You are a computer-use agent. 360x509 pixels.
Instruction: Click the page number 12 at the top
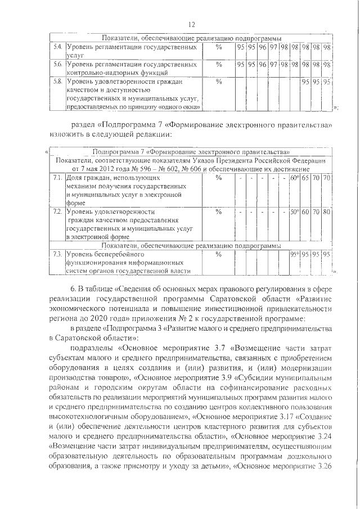(x=191, y=24)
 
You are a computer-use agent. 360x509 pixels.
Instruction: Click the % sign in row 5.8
(x=219, y=82)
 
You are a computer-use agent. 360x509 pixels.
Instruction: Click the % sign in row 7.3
(x=219, y=254)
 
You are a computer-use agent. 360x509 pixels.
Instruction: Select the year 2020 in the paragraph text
(x=91, y=317)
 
